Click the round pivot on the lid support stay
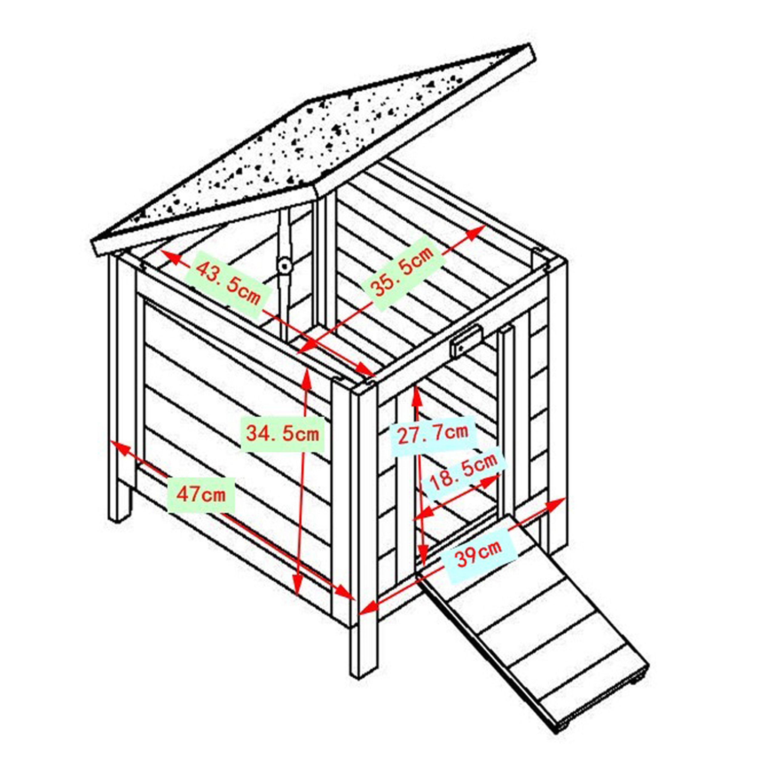point(284,266)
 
